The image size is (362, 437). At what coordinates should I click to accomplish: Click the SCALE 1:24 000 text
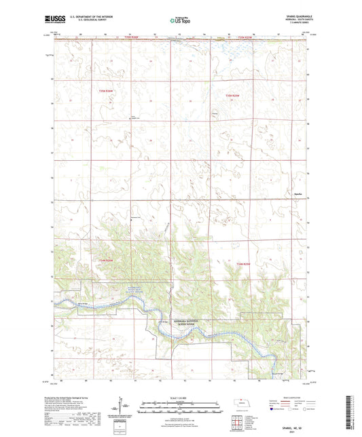pos(181,397)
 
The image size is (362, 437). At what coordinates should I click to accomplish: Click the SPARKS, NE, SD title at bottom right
pos(291,428)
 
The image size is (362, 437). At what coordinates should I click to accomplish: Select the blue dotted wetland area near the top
pos(234,50)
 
